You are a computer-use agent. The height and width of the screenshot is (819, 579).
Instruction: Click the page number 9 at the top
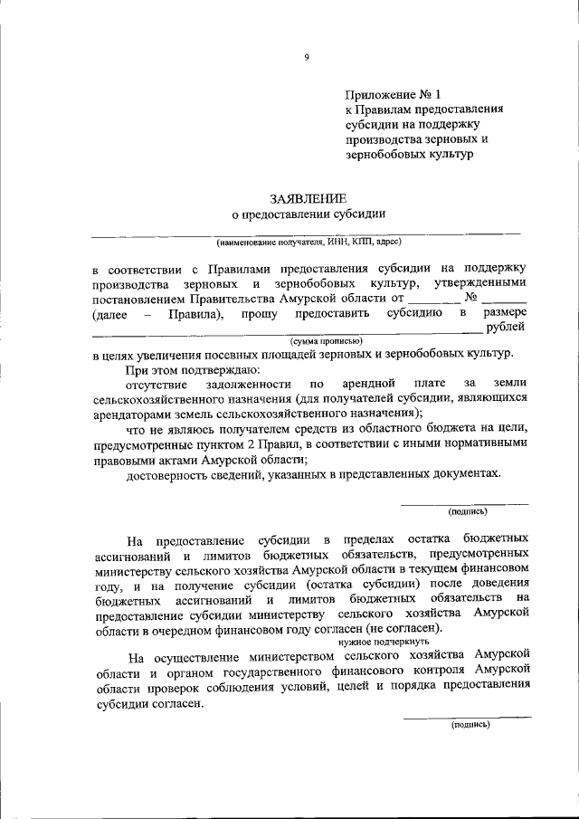coord(307,57)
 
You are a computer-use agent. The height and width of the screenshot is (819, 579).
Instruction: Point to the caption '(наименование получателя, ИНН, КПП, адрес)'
coord(308,243)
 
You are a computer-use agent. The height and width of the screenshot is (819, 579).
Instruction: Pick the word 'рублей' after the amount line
coord(505,328)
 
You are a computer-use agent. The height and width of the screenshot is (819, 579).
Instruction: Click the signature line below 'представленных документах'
coord(464,503)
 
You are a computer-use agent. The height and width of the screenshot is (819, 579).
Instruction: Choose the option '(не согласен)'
coord(405,626)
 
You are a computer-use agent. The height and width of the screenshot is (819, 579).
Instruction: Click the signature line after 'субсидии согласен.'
coord(467,717)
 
